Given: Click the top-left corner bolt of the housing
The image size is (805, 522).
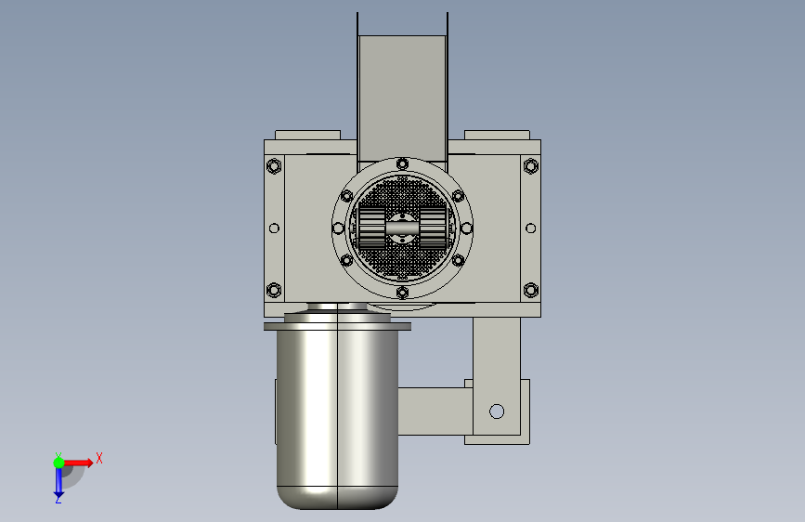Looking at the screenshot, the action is (x=274, y=166).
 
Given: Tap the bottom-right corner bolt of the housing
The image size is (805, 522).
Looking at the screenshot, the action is (x=531, y=291).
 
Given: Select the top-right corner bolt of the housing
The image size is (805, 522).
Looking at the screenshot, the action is (x=531, y=166).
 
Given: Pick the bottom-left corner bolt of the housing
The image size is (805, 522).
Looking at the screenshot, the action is (x=274, y=291).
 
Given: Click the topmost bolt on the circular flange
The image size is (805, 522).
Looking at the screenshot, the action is (x=403, y=163).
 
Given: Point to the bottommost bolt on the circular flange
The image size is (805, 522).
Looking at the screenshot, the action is (x=403, y=293).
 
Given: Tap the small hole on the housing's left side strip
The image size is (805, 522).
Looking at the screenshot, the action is (x=274, y=228).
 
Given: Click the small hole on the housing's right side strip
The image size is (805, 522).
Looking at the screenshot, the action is (x=531, y=228).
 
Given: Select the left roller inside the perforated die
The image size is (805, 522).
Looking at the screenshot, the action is (x=371, y=228).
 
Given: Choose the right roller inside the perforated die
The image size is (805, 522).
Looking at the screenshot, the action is (x=434, y=228).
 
